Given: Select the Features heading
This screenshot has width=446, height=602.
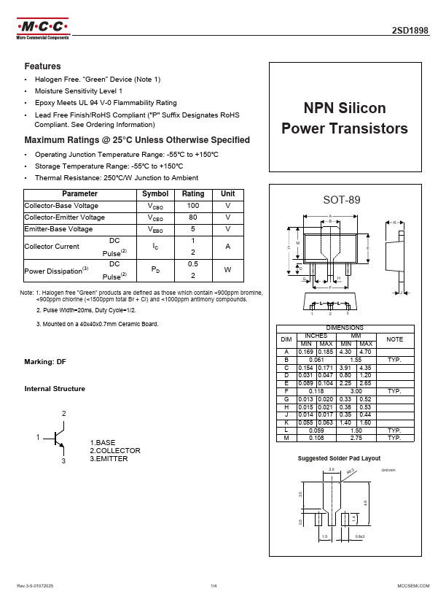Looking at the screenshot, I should [42, 66].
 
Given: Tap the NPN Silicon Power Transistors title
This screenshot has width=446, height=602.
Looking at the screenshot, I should [345, 118].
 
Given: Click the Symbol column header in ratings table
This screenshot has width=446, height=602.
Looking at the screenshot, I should [154, 194].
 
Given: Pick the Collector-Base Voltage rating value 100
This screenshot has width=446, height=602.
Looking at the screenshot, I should [193, 206].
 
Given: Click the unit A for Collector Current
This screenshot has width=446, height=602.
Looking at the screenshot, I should [228, 247].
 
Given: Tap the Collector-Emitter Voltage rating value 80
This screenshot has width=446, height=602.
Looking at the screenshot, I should [193, 217].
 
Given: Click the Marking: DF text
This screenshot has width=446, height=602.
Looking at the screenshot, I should [45, 362].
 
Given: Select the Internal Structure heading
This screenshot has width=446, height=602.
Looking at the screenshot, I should [55, 388].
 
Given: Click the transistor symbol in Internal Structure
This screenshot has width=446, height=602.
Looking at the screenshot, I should [58, 438].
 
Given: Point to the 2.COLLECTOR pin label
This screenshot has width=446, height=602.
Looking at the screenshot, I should [115, 450].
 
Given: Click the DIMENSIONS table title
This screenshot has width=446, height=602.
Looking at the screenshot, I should [345, 328].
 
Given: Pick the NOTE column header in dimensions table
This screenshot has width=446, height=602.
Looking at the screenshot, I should [394, 339].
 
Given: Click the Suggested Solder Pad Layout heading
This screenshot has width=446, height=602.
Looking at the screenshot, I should [340, 458].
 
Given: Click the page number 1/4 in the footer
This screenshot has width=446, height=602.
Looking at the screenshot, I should [214, 586].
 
